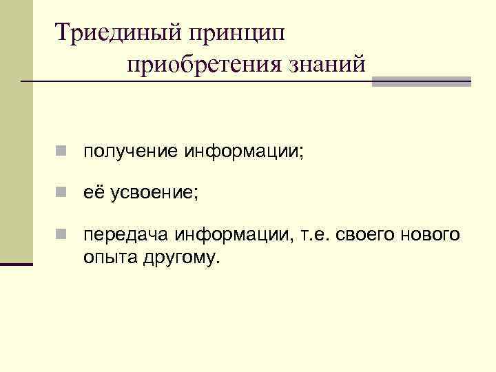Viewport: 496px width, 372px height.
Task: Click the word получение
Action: [x=130, y=151]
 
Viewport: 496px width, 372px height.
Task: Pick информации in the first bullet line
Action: [x=242, y=151]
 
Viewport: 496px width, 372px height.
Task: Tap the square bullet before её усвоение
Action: [x=62, y=194]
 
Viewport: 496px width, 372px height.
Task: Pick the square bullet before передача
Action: [x=62, y=236]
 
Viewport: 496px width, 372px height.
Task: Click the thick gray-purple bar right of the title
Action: [x=421, y=81]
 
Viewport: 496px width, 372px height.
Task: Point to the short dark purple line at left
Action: [x=17, y=264]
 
